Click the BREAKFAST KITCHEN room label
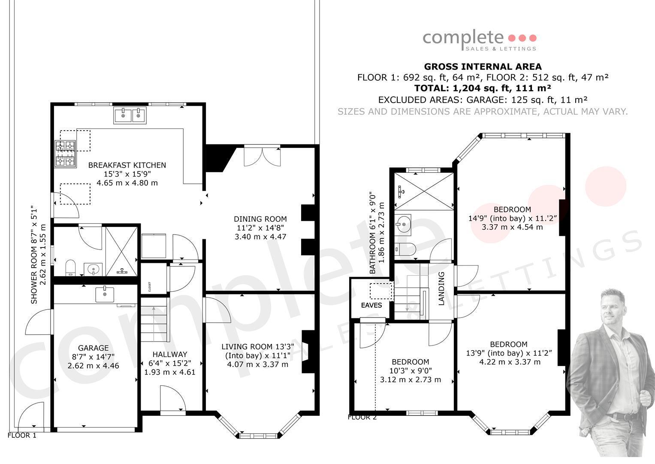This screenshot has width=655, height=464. pyautogui.click(x=127, y=165)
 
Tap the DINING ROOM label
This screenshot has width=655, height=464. pyautogui.click(x=260, y=219)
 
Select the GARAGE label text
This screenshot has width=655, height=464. pyautogui.click(x=93, y=348)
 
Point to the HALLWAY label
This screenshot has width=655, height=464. pyautogui.click(x=169, y=354)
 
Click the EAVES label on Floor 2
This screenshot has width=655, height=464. pyautogui.click(x=371, y=305)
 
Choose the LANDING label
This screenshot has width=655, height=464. pyautogui.click(x=441, y=289)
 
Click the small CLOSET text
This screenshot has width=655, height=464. pyautogui.click(x=150, y=287)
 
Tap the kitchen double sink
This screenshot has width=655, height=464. pyautogui.click(x=130, y=116)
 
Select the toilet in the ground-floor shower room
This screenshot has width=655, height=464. pyautogui.click(x=70, y=268)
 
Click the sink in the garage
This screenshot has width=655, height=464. pyautogui.click(x=105, y=294)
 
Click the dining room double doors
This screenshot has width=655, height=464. pyautogui.click(x=262, y=156)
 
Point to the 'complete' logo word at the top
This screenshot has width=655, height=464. pyautogui.click(x=463, y=39)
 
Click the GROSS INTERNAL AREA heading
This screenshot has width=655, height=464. pyautogui.click(x=483, y=67)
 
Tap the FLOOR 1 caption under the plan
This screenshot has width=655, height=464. pyautogui.click(x=22, y=436)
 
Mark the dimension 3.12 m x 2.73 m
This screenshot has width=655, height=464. pyautogui.click(x=411, y=380)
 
